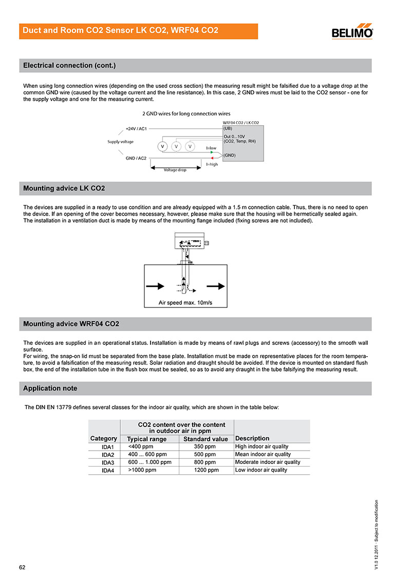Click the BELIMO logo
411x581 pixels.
[x=352, y=31]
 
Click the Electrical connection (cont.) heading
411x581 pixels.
[x=69, y=66]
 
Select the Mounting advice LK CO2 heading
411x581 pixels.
[x=64, y=188]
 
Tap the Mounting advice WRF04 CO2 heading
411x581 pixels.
[x=71, y=324]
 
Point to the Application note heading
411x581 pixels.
[x=50, y=389]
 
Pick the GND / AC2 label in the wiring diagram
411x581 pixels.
[x=136, y=159]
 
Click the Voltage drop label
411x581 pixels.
[x=175, y=170]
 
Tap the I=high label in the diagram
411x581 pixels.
[x=212, y=164]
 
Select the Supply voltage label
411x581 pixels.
[x=120, y=142]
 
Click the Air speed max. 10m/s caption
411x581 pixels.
[x=185, y=303]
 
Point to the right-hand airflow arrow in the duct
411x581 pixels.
[x=215, y=286]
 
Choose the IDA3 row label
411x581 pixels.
[x=107, y=462]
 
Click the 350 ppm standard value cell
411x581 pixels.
[x=205, y=447]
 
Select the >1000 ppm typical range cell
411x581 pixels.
[x=142, y=470]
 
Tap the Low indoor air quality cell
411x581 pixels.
[x=261, y=470]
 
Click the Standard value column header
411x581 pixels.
[x=206, y=439]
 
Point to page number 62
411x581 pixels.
[x=23, y=567]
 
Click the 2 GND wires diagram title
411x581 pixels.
[x=186, y=113]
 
